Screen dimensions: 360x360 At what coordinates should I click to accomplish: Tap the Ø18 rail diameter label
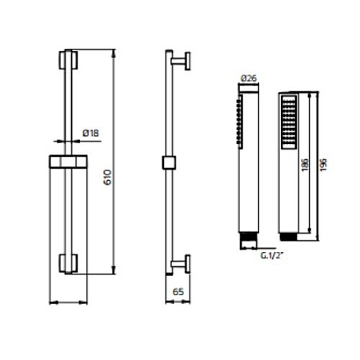point(90,133)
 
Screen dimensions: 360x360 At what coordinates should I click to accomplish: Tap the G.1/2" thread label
point(272,257)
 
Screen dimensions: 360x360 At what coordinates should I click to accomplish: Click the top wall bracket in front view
point(67,62)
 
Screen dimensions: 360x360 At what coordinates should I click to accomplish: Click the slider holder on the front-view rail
point(67,160)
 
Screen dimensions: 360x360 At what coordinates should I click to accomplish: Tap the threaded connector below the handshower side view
point(250,238)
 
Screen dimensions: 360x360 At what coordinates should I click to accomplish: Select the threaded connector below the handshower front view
point(288,238)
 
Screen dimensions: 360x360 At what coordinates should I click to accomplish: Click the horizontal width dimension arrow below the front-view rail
point(67,302)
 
